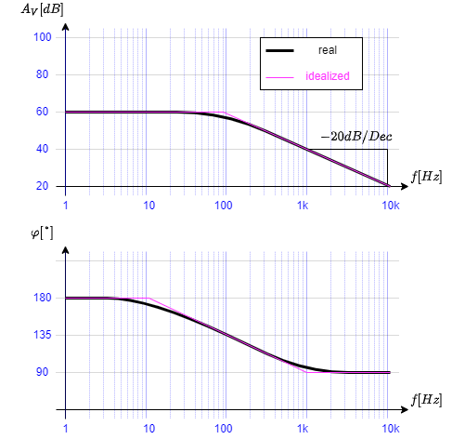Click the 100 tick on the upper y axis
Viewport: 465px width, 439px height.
42,37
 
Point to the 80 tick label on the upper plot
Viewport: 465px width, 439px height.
42,74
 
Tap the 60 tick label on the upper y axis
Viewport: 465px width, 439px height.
42,112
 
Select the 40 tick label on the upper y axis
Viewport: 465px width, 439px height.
42,149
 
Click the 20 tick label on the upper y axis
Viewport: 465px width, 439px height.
42,186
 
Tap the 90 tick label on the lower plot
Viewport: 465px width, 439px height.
42,372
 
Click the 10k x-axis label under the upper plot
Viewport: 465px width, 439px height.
391,205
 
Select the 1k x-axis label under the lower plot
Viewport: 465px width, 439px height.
303,429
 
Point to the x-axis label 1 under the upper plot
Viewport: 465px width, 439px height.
65,205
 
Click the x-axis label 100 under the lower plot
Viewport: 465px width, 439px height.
224,429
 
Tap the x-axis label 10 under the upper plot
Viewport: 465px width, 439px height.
149,205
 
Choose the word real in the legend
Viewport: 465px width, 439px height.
328,50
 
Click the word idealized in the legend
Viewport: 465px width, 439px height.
328,76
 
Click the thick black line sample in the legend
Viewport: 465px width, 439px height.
279,50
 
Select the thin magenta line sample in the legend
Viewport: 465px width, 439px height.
279,76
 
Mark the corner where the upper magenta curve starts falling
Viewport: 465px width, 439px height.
224,112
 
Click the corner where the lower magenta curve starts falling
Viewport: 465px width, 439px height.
149,298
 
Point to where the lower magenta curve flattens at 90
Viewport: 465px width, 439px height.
307,372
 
